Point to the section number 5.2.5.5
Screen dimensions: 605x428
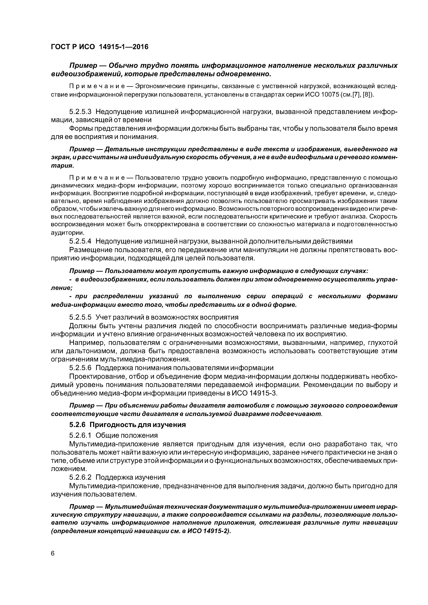[x=80, y=317]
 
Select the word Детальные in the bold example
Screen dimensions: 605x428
[x=120, y=149]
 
